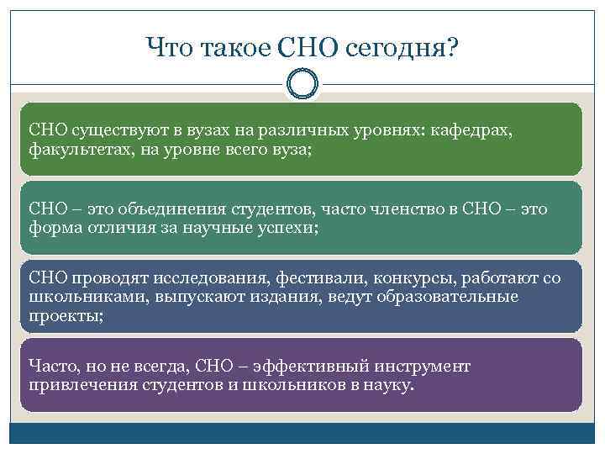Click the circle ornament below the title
pyautogui.click(x=302, y=83)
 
